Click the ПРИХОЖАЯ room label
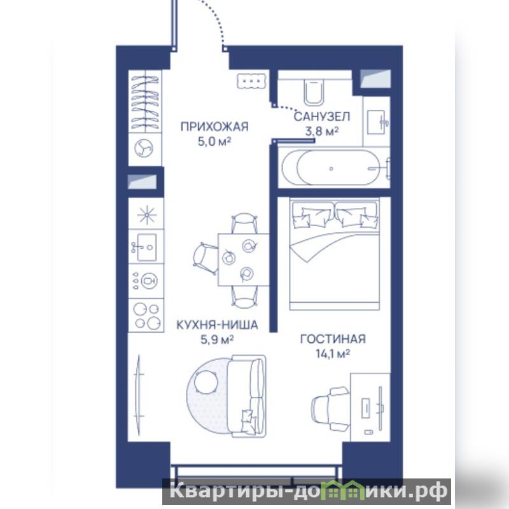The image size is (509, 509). point(214,126)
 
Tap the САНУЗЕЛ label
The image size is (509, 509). point(322,116)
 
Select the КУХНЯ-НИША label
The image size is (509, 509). point(217,324)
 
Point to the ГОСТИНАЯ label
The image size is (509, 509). point(333,339)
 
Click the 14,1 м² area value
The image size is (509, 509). point(333,353)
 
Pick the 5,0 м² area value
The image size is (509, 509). point(214,141)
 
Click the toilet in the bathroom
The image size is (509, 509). point(314,92)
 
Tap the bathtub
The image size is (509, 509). point(334,167)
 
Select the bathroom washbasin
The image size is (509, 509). point(377,122)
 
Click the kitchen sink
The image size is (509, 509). point(146,247)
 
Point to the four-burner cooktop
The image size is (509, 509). point(148,316)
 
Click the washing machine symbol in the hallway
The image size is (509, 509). point(144,148)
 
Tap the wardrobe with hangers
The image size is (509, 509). point(145,101)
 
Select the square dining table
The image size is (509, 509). point(244,260)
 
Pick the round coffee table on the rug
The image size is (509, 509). point(206,382)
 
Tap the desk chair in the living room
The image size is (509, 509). point(331,409)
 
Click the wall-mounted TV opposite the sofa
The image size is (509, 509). point(139,394)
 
